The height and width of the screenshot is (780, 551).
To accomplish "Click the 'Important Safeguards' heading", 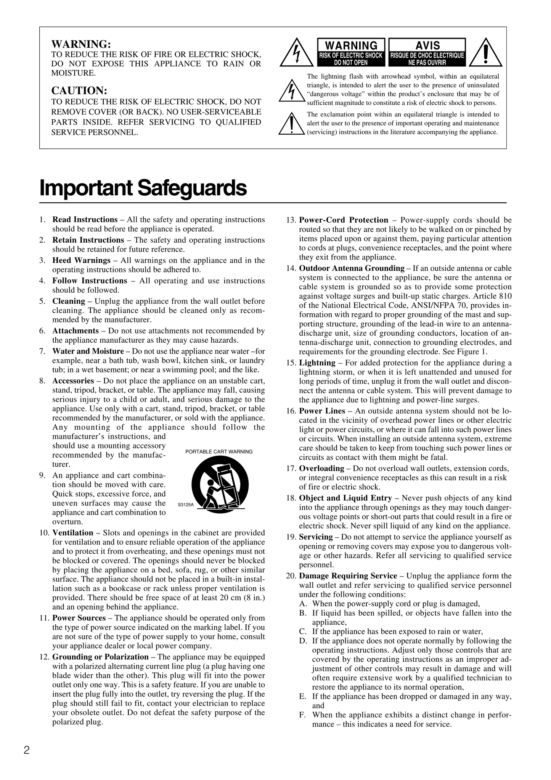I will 143,188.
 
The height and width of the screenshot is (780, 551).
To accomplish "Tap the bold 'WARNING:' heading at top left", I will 81,44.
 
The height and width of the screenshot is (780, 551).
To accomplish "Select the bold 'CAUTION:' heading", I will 79,91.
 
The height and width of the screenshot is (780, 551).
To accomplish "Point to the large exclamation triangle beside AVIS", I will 485,53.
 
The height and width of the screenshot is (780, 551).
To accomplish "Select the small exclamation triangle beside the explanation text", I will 292,124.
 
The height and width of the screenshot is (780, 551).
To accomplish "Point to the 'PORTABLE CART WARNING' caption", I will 219,452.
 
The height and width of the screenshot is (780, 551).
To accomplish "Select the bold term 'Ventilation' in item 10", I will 73,533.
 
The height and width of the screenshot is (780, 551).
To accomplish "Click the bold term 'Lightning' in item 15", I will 317,363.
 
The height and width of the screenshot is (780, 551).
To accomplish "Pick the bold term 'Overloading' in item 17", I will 321,468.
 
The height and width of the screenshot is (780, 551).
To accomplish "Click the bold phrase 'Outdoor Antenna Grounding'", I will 352,268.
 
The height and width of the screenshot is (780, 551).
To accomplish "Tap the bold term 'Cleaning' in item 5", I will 69,301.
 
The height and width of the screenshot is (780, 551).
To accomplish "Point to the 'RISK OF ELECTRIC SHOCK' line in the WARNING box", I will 351,55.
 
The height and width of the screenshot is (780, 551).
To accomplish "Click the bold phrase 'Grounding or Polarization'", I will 100,657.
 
